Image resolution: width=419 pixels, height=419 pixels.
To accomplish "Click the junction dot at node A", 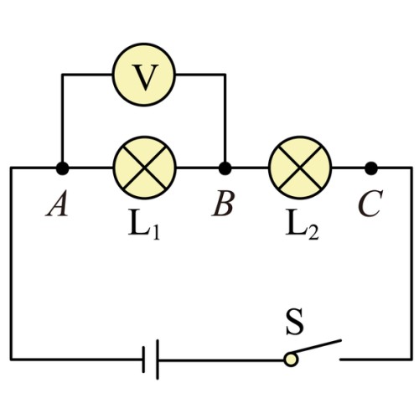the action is click(62, 168).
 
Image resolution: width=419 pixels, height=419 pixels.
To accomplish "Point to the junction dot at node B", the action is click(225, 168).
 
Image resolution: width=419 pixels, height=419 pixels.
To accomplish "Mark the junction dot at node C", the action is click(371, 168).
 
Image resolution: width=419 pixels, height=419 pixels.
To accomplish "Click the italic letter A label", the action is click(57, 204).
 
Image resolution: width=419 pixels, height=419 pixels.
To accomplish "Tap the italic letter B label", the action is click(223, 204).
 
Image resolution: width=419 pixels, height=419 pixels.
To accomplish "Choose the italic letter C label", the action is click(370, 204).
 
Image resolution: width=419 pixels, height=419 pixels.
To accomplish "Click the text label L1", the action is click(144, 226).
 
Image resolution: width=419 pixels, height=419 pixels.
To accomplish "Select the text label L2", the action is click(302, 226).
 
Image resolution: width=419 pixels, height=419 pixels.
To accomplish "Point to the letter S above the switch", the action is click(295, 323).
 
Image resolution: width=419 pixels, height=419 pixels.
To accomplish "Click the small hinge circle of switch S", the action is click(291, 360).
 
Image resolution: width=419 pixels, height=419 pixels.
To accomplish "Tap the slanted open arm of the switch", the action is click(315, 347).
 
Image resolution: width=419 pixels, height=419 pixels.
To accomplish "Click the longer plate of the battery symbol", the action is click(158, 360).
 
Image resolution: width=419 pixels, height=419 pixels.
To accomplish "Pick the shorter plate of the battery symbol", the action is click(143, 360).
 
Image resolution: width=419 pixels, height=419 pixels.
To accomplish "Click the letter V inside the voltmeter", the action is click(145, 77).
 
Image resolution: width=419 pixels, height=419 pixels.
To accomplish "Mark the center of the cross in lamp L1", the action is click(144, 168).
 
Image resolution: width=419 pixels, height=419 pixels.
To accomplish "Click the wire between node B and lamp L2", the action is click(250, 168).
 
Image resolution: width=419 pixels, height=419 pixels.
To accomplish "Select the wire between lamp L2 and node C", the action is click(349, 168).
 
